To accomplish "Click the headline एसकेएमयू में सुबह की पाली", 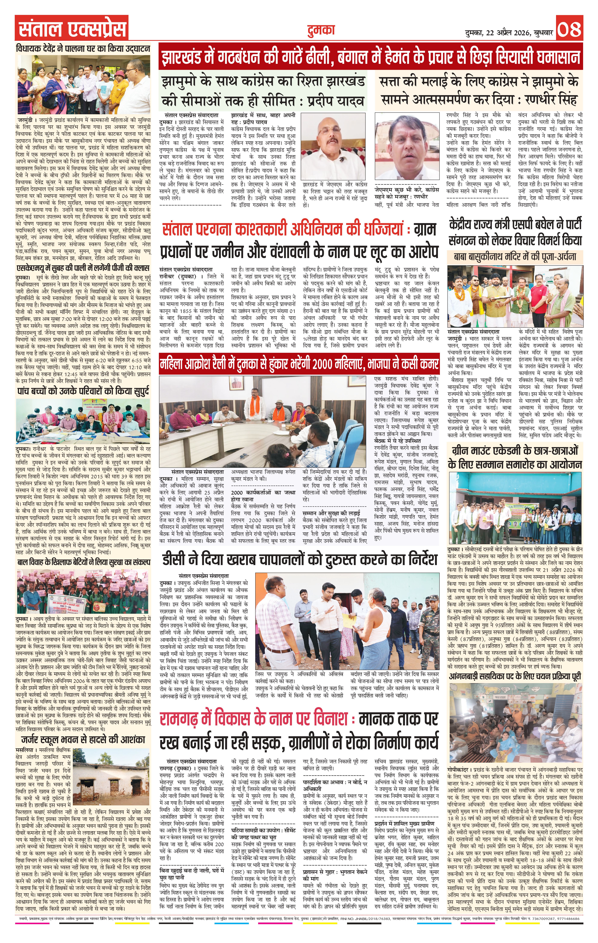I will (x=83, y=269).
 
